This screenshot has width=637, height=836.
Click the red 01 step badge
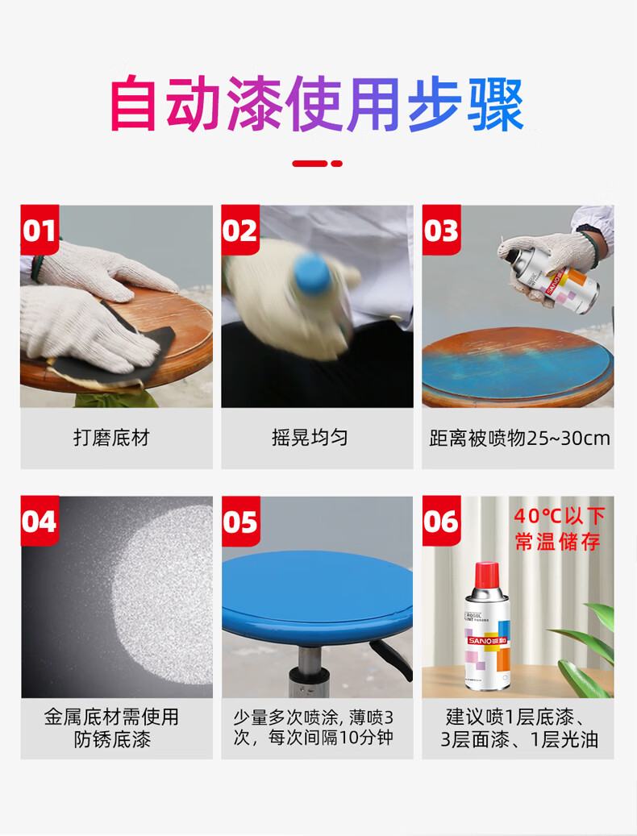pos(40,230)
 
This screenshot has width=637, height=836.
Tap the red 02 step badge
pos(240,230)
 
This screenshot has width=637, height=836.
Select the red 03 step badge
pos(441,230)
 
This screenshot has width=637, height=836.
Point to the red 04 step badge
pos(40,521)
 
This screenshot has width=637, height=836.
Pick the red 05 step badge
pos(240,521)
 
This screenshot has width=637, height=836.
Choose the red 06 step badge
pos(441,521)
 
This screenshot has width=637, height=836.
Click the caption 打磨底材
pos(111,438)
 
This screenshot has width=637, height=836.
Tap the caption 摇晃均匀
pos(310,438)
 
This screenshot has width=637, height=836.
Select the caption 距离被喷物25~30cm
pos(519,439)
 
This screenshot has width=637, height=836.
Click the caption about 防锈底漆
pos(111,728)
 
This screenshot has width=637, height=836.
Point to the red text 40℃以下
pos(559,516)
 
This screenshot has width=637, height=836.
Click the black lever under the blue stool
pos(392,659)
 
